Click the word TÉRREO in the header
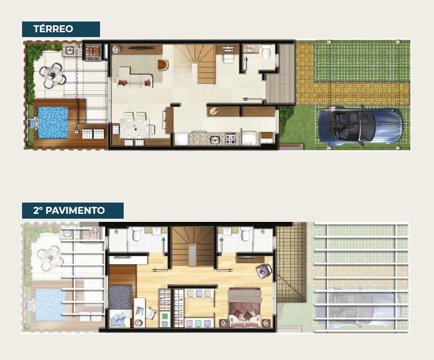(x=53, y=29)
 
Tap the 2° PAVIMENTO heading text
(x=69, y=211)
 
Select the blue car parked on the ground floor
(x=360, y=127)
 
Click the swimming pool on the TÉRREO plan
(x=53, y=123)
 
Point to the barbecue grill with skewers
(x=93, y=51)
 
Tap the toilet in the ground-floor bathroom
(x=266, y=52)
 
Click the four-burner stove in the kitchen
(x=232, y=139)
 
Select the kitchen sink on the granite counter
(x=215, y=140)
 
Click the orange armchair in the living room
(x=163, y=65)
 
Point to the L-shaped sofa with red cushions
(x=135, y=78)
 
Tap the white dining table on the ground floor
(x=134, y=128)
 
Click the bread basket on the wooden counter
(x=214, y=111)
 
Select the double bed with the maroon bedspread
(x=245, y=307)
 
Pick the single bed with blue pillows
(x=120, y=306)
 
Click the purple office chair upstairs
(x=264, y=271)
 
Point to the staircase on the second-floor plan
(x=193, y=247)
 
